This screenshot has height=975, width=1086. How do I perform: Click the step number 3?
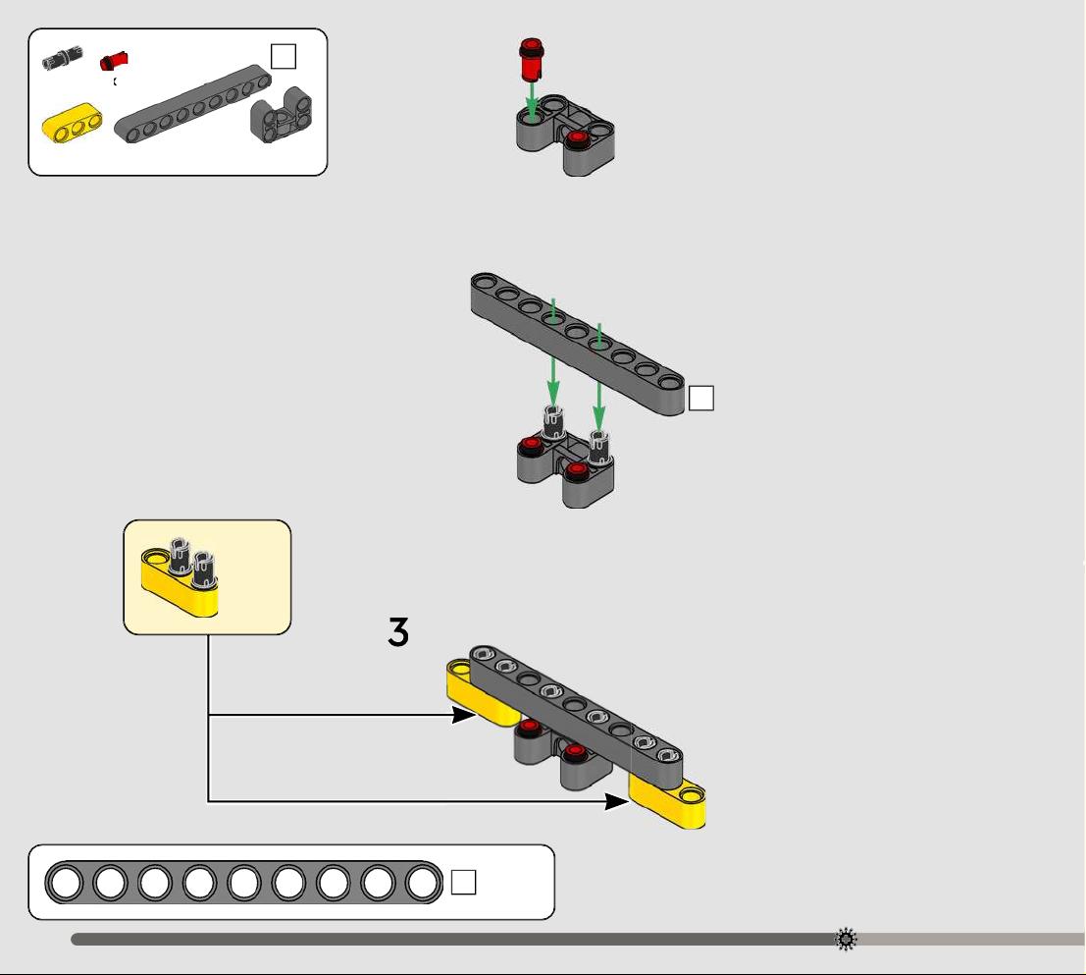(398, 632)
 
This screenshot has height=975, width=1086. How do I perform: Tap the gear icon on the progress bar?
(846, 940)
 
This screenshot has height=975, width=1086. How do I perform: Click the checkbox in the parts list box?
(284, 56)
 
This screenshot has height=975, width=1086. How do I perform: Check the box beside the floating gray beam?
(700, 399)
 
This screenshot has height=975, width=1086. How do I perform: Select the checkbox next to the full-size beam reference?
(463, 882)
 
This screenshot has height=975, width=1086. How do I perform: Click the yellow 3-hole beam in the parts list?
(72, 124)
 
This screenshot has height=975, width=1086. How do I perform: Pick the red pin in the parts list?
(114, 61)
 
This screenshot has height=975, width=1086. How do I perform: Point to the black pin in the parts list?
(63, 58)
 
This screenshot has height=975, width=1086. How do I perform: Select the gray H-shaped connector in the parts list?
(282, 115)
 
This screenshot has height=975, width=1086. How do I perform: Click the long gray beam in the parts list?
(192, 104)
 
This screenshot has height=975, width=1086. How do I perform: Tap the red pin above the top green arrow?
(531, 60)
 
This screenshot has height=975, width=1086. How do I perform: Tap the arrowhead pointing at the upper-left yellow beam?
(463, 715)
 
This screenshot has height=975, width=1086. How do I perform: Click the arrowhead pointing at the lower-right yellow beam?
(616, 802)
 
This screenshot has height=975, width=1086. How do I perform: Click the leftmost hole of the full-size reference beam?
(67, 883)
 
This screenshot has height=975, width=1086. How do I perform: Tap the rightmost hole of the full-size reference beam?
(422, 883)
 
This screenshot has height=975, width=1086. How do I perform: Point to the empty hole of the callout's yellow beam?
(155, 557)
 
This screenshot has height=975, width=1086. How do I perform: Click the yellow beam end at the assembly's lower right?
(668, 799)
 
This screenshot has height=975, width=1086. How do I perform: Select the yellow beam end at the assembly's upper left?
(478, 689)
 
